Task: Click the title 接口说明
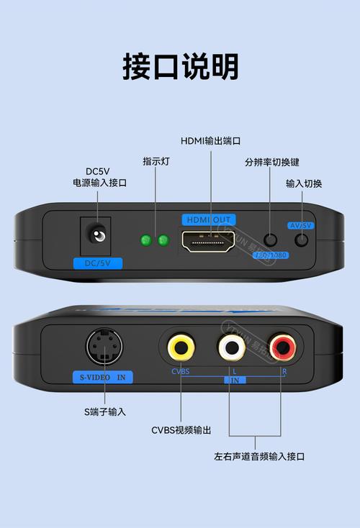click(x=180, y=67)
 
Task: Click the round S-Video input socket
click(x=104, y=348)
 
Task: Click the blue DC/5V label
click(x=98, y=263)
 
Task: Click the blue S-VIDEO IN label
click(x=103, y=376)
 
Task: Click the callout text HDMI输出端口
click(x=210, y=140)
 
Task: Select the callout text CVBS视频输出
click(x=181, y=430)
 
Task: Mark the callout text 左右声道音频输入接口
click(x=259, y=456)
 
